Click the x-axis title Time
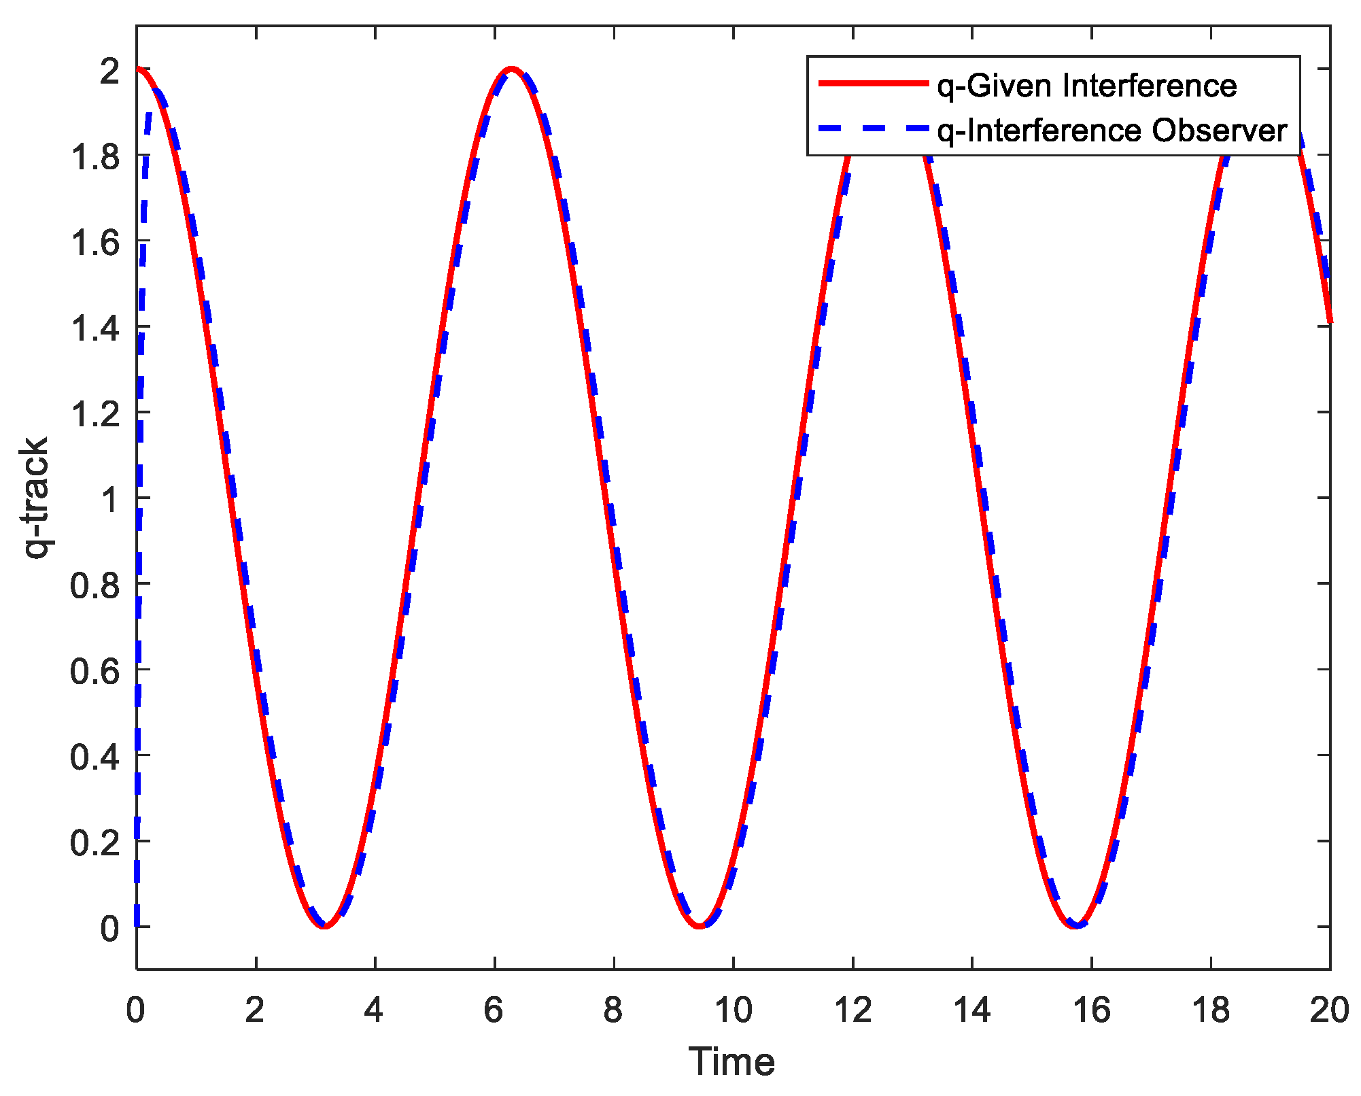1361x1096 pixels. tap(731, 1062)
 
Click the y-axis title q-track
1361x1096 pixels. tap(35, 498)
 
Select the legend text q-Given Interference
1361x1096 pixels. tap(1086, 86)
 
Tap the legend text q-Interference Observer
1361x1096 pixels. tap(1112, 131)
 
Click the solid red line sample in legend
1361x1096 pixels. tap(873, 84)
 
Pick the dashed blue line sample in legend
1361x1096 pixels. tap(873, 129)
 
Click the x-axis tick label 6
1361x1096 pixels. tap(494, 1010)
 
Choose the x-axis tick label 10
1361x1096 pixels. tap(733, 1010)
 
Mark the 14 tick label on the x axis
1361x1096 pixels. tap(971, 1010)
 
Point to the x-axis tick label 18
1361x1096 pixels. tap(1211, 1010)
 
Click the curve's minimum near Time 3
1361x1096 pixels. tap(324, 926)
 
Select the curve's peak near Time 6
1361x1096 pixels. tap(512, 69)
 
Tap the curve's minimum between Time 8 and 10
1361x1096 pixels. tap(700, 926)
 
